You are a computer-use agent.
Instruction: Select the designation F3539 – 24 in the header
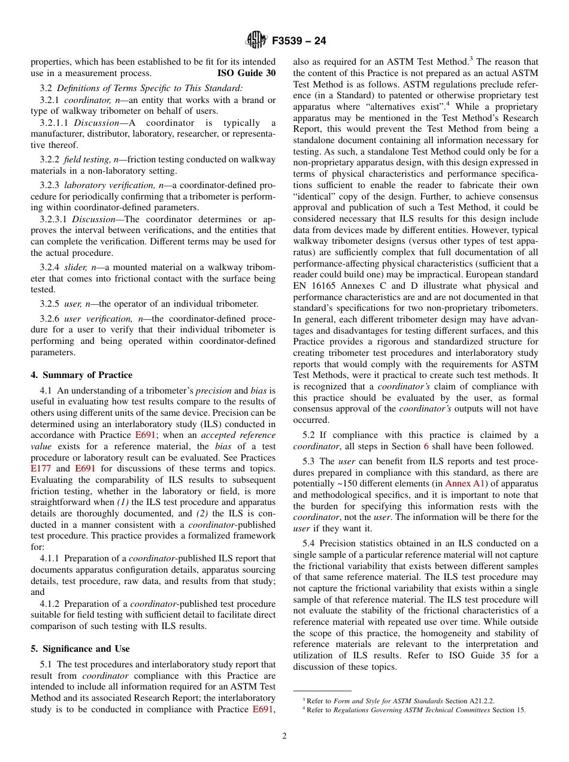point(299,41)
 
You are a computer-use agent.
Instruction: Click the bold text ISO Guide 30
point(246,73)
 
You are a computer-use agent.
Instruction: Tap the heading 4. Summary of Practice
point(81,375)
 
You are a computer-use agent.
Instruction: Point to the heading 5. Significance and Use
point(80,649)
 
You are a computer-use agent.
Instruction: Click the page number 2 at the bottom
point(284,736)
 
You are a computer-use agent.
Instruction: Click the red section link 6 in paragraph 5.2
point(426,446)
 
